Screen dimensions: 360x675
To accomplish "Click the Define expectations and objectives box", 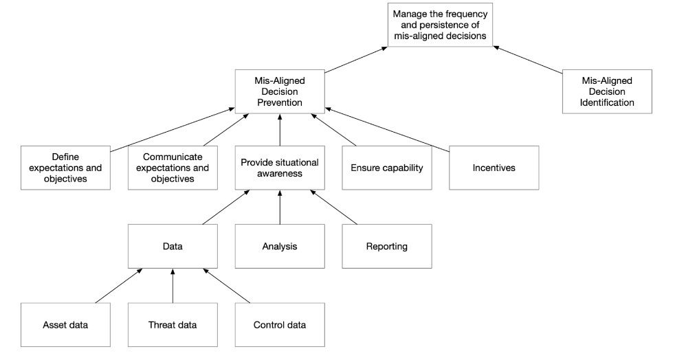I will pos(65,168).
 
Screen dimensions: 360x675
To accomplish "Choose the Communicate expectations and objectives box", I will pos(173,168).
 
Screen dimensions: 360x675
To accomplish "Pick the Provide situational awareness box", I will pos(279,168).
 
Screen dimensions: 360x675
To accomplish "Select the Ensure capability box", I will pos(386,168).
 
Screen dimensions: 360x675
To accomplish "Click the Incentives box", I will pos(494,168).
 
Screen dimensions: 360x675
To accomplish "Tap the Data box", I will pos(173,246).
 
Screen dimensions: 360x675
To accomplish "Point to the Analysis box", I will pos(279,246).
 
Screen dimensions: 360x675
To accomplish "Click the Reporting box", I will pos(386,246).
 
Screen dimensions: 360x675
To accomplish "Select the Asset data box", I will pos(65,324).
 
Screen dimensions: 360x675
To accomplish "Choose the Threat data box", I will pos(173,324).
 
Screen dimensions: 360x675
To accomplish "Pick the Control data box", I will pos(279,324).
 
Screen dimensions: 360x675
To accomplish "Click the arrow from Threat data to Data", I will pos(173,285).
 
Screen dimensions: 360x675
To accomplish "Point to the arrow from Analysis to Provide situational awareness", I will pos(279,207).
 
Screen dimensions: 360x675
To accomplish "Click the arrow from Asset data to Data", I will pos(118,285).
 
